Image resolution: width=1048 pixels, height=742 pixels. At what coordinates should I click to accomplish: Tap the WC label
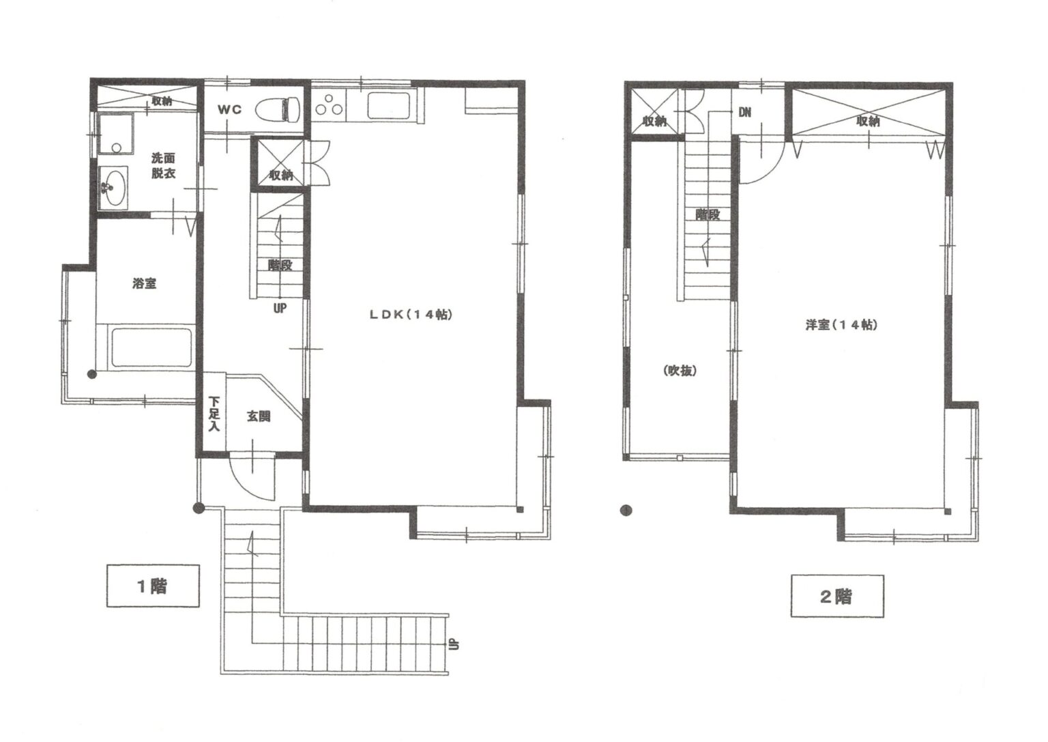[230, 109]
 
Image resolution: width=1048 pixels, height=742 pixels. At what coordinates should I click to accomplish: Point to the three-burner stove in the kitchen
[328, 105]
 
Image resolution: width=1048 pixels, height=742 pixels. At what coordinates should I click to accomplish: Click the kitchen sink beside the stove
[390, 105]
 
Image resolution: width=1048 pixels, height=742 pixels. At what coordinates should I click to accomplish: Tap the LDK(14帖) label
[411, 315]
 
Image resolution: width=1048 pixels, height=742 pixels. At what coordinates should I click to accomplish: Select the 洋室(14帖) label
[841, 324]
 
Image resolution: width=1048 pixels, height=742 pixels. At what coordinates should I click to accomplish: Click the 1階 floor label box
[153, 586]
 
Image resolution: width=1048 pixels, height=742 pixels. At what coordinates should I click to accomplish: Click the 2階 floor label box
[837, 596]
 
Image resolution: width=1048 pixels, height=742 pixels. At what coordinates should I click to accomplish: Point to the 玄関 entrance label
[259, 416]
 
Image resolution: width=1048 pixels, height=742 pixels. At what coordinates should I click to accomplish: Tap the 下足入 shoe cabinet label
[214, 414]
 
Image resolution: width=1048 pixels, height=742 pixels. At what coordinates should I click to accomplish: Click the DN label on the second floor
[745, 113]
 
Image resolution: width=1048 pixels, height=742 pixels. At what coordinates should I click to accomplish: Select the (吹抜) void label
[680, 371]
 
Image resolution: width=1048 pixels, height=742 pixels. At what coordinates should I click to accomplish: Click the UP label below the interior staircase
[280, 308]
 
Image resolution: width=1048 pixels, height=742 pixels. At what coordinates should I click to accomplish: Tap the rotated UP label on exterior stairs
[454, 644]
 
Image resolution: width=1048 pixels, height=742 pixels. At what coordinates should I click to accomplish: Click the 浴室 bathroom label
[144, 283]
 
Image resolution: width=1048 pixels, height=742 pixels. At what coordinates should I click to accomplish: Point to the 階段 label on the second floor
[708, 214]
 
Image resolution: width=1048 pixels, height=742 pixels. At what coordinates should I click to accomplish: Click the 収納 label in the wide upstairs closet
[868, 122]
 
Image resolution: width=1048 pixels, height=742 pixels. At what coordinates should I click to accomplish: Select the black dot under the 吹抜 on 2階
[626, 510]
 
